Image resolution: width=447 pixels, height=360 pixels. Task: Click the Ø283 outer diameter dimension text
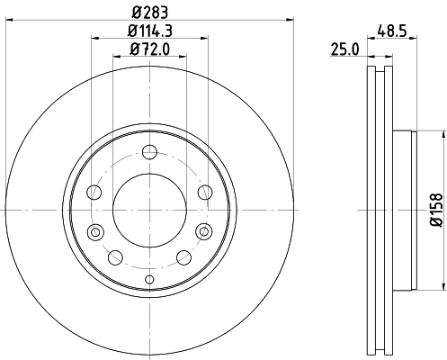tap(148, 11)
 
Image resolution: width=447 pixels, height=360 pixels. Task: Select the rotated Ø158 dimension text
tap(435, 209)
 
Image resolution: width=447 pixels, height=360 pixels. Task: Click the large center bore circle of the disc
tap(148, 210)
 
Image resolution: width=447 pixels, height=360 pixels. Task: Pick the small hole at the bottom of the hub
tap(148, 279)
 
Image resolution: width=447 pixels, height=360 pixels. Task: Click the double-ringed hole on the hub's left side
tap(94, 234)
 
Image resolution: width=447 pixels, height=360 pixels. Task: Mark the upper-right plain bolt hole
tap(204, 191)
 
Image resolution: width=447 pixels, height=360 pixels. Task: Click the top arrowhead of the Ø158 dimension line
tap(444, 133)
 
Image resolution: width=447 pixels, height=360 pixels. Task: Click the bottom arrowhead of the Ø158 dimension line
tap(444, 286)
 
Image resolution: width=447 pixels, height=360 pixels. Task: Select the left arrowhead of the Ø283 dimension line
tap(8, 20)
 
